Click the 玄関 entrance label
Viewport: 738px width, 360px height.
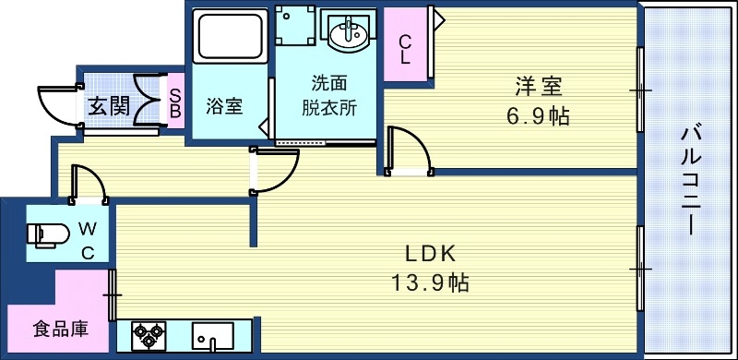[108, 105]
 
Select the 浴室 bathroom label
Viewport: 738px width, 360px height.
[223, 105]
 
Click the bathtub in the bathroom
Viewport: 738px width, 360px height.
[230, 35]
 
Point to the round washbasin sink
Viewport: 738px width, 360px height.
[349, 35]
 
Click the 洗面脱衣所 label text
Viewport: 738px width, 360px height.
[329, 94]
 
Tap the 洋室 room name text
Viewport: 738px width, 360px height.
[538, 87]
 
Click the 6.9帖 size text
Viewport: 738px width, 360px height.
[538, 116]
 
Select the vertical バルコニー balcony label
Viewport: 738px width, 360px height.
[688, 180]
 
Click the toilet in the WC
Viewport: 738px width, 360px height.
[46, 234]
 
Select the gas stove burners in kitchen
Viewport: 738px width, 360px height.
[148, 335]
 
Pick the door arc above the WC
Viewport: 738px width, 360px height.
[89, 183]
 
